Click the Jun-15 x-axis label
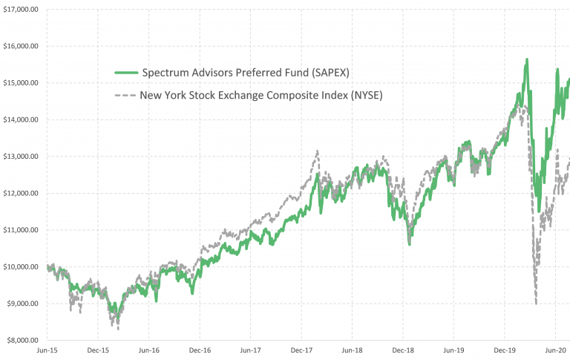point(47,349)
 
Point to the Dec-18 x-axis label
point(403,349)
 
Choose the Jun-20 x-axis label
point(555,349)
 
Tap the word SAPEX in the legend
point(327,73)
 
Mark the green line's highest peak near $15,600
point(526,60)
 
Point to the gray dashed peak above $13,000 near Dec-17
point(318,151)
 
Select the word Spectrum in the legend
point(166,73)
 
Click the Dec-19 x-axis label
point(504,349)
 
